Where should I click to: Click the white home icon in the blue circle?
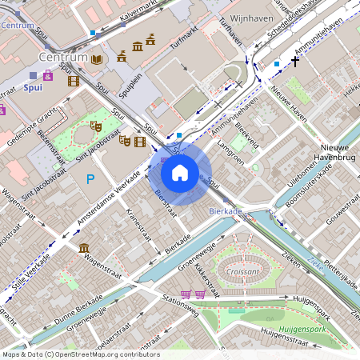180,172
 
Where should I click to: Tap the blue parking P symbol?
90,178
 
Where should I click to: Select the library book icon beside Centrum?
97,59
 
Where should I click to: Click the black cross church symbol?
295,61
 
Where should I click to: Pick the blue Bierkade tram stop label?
225,210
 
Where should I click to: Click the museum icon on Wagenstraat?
84,249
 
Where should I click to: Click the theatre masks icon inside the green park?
95,126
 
